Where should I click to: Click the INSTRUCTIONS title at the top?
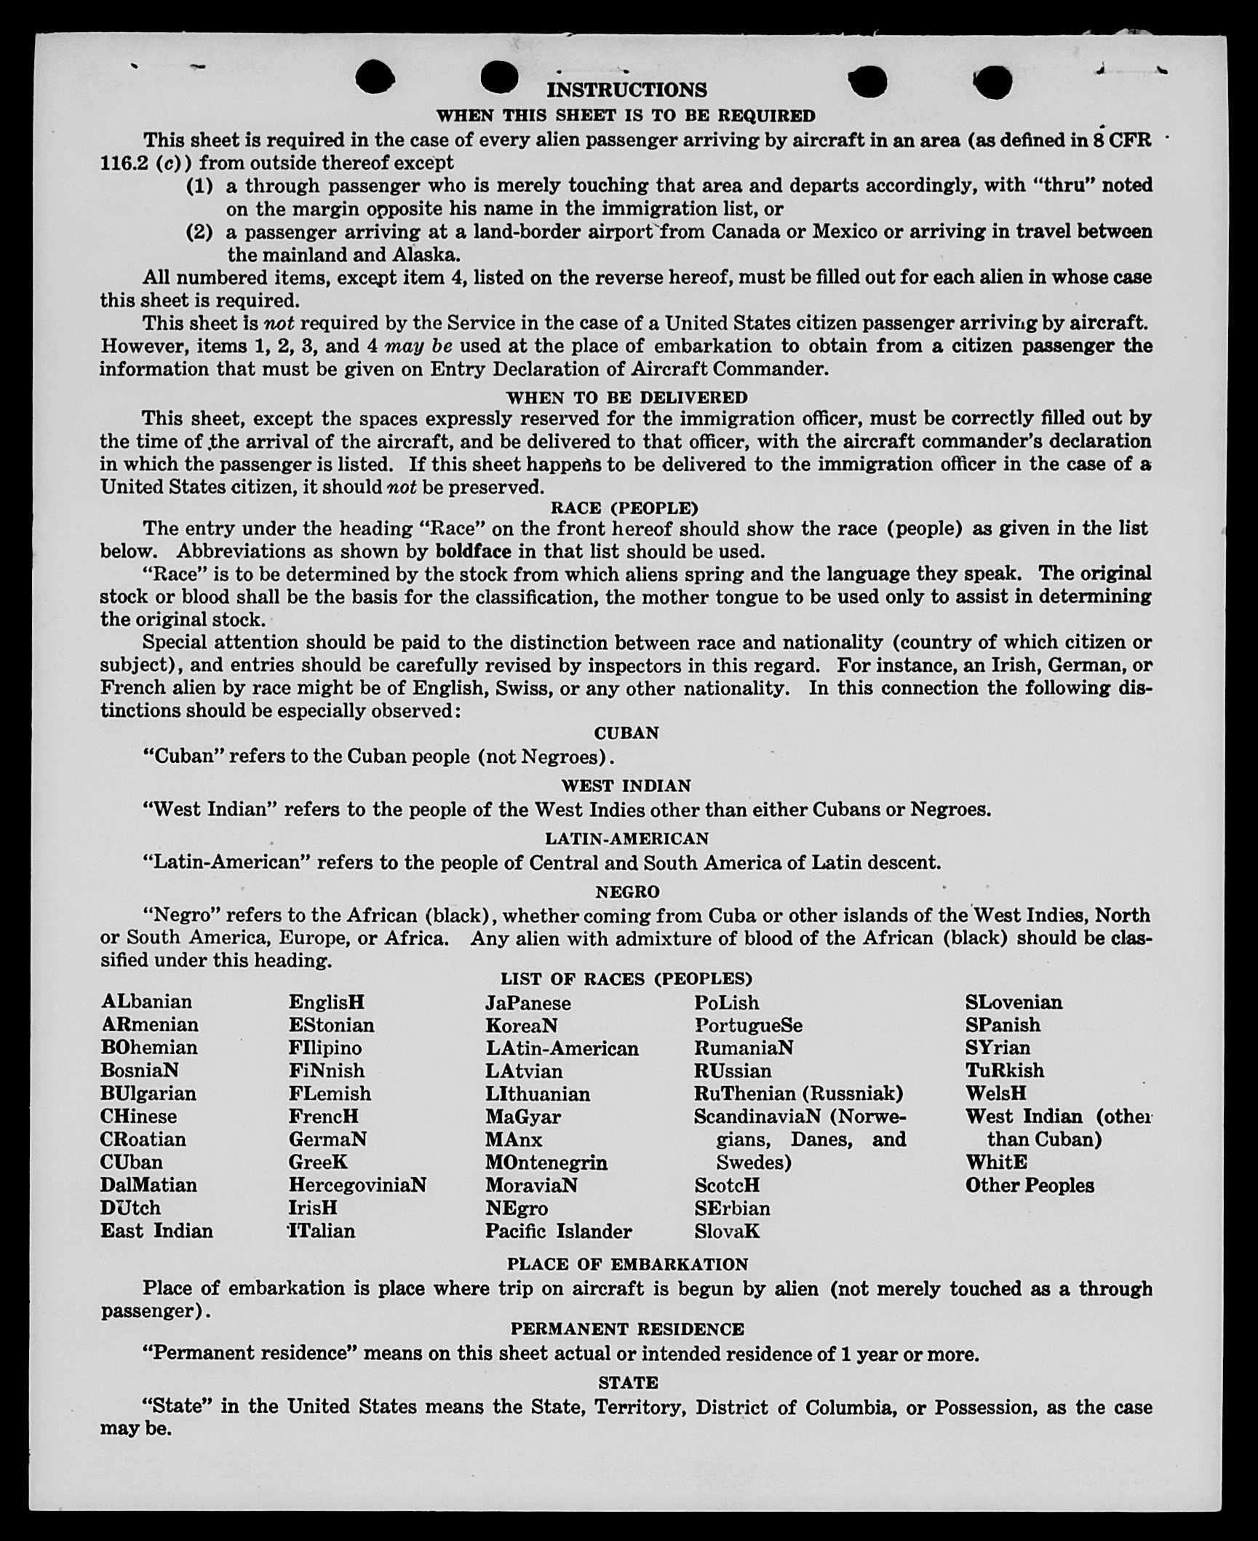(x=626, y=90)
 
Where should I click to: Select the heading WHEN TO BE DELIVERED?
(x=626, y=397)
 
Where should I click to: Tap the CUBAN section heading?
(x=626, y=733)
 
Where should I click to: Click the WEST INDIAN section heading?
(x=626, y=786)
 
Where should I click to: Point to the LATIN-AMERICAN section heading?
(x=626, y=839)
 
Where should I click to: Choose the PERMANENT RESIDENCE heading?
(x=627, y=1329)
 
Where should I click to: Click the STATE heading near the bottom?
(x=628, y=1382)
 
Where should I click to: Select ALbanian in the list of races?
(x=146, y=1002)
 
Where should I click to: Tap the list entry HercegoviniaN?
(x=357, y=1185)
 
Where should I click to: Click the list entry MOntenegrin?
(x=546, y=1162)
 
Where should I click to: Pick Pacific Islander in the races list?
(x=559, y=1232)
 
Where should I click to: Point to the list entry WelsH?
(x=996, y=1093)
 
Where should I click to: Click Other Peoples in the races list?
(x=1030, y=1185)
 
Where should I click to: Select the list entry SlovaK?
(x=727, y=1232)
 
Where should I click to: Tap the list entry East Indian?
(x=156, y=1231)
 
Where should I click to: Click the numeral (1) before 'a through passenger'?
(x=199, y=186)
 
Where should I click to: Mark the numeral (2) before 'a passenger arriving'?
(x=199, y=232)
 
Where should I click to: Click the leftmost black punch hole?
(x=375, y=77)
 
